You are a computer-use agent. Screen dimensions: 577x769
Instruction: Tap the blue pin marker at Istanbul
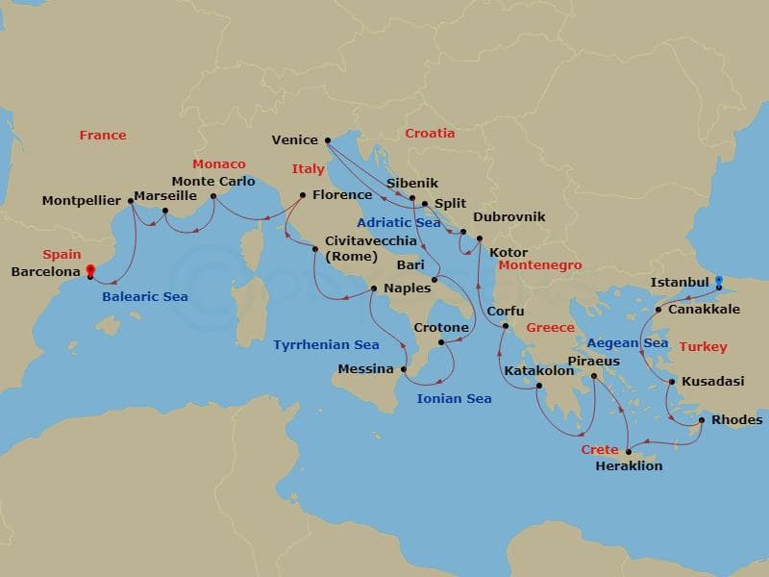coord(719,283)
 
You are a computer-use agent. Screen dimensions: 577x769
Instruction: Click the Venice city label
coord(294,139)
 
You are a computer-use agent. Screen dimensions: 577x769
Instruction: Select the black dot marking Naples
coord(375,288)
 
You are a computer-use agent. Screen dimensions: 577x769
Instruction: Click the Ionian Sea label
coord(454,398)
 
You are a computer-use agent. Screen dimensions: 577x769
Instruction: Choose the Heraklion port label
coord(630,466)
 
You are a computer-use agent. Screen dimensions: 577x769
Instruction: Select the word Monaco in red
coord(219,164)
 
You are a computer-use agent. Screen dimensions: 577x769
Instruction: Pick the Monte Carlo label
coord(213,181)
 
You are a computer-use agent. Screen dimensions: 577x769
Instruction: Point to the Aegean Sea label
coord(627,342)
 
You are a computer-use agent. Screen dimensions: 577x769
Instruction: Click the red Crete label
coord(600,449)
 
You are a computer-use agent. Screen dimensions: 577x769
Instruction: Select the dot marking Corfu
coord(504,328)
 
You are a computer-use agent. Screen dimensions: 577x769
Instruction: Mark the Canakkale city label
coord(704,310)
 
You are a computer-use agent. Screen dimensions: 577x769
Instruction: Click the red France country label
coord(103,136)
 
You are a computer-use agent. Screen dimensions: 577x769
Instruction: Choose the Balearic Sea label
coord(145,297)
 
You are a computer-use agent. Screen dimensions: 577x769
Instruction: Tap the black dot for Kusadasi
coord(671,382)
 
